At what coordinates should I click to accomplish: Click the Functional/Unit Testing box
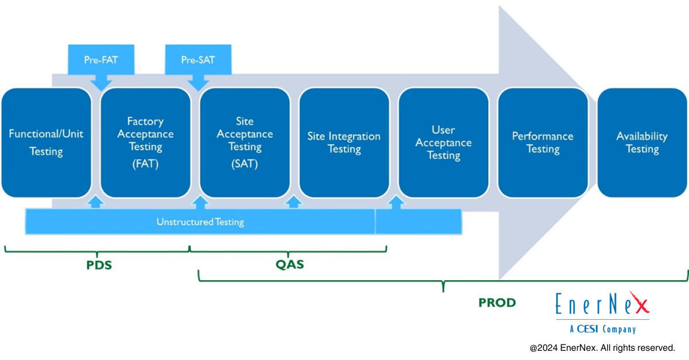click(46, 142)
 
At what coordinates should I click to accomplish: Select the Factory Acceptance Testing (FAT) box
click(145, 142)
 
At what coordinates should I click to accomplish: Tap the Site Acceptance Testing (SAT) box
click(245, 142)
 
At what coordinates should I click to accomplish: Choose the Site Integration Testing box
click(344, 142)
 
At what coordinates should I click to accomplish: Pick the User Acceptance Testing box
click(443, 142)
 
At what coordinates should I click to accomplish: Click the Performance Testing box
click(543, 142)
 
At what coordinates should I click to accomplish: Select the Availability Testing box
click(642, 142)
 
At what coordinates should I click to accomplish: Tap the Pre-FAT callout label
click(101, 60)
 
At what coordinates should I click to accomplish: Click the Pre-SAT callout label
click(198, 60)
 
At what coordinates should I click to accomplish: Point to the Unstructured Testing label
click(200, 222)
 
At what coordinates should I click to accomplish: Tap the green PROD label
click(497, 303)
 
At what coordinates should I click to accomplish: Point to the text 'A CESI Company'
click(602, 329)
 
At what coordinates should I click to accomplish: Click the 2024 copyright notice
click(602, 348)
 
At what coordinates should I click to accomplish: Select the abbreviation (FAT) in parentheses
click(145, 164)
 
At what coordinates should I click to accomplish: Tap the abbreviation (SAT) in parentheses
click(245, 164)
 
